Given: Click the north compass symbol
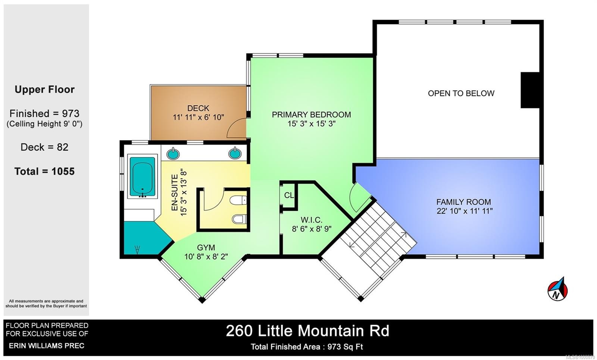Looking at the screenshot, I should tap(557, 289).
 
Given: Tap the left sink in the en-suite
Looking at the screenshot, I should tap(172, 153).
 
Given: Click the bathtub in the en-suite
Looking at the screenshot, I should tap(142, 177).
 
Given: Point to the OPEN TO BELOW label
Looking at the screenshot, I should tap(461, 93).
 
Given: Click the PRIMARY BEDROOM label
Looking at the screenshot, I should tap(311, 115).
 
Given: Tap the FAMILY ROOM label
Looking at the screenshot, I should tap(463, 202).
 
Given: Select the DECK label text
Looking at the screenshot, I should tap(198, 108).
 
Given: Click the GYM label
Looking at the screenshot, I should tap(206, 247).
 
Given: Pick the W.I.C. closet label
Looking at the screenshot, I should tap(312, 220).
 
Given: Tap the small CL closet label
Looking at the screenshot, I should tap(289, 195).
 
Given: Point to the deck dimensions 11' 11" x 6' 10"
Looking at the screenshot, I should tap(198, 117).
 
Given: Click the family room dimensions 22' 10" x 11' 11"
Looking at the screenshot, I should tap(465, 211).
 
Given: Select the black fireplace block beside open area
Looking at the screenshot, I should tap(530, 90).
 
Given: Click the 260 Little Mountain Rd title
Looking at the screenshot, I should tap(307, 331).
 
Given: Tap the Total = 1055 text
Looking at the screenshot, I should tap(44, 171).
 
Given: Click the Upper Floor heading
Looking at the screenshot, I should tap(44, 90).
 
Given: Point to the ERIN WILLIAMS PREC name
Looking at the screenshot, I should tap(47, 345).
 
